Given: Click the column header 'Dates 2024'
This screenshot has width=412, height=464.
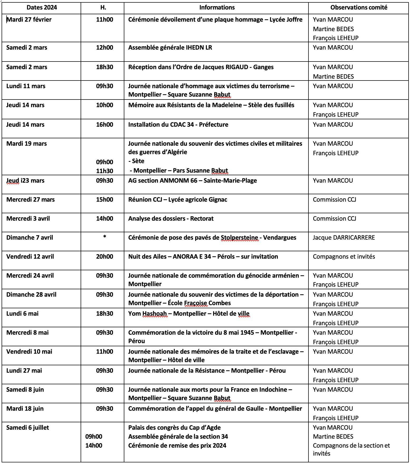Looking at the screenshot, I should (x=42, y=8).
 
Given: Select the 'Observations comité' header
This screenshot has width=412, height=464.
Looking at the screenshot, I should (x=359, y=8).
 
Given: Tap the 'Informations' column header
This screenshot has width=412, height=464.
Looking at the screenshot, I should (x=217, y=8).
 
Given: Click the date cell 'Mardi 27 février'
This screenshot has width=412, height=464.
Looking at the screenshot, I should (x=29, y=20).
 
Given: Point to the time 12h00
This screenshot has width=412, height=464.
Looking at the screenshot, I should (x=105, y=48).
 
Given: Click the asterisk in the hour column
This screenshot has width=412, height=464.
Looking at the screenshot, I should (x=105, y=237).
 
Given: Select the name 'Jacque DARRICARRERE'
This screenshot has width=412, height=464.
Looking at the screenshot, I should (x=344, y=238).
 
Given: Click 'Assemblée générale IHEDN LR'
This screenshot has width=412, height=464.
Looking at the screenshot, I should (x=170, y=48).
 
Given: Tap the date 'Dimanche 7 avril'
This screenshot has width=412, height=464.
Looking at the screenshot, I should (x=30, y=238).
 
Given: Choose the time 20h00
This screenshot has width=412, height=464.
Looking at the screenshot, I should (x=105, y=257).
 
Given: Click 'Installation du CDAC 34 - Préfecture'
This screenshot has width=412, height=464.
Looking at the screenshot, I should (x=178, y=125).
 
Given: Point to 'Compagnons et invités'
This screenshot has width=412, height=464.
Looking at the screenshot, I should (x=344, y=257).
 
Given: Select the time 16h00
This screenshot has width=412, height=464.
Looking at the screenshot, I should (x=105, y=125).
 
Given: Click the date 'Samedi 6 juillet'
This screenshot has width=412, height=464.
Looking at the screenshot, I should (x=28, y=428).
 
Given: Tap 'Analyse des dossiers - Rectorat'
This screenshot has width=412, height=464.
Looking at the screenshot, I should (x=171, y=219).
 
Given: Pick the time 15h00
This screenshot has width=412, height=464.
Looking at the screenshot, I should (x=105, y=200).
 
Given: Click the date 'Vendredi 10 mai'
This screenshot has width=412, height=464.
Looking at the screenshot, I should (x=29, y=352).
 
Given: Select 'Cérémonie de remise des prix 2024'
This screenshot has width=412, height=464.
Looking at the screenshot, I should (x=177, y=446).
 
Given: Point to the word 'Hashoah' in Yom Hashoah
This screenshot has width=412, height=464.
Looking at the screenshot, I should (x=155, y=314).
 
